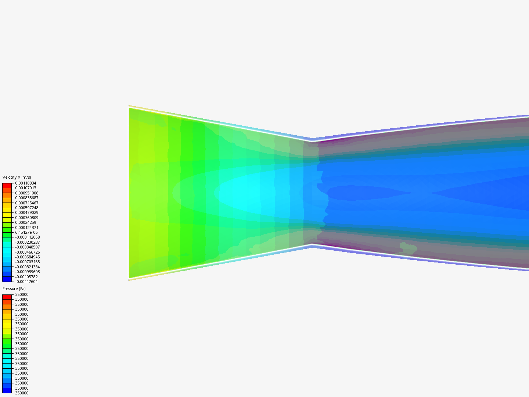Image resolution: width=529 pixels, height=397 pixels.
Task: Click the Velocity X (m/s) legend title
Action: pyautogui.click(x=17, y=177)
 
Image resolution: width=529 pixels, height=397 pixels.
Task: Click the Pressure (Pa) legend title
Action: pyautogui.click(x=14, y=289)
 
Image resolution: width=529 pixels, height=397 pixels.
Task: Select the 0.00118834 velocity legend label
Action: pyautogui.click(x=25, y=183)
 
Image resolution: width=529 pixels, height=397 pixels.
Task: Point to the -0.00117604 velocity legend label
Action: pyautogui.click(x=26, y=282)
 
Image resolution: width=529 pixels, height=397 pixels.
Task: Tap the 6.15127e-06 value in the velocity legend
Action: pyautogui.click(x=26, y=232)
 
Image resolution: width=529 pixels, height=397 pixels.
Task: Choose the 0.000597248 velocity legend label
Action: pyautogui.click(x=26, y=208)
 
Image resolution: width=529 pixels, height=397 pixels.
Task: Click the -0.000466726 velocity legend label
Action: pyautogui.click(x=27, y=252)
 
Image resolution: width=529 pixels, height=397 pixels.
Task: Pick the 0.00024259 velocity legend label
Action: pyautogui.click(x=25, y=222)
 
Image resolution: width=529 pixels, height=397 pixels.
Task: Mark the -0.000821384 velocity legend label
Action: pyautogui.click(x=27, y=267)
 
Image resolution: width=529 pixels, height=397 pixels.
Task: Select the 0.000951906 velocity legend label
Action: pyautogui.click(x=26, y=193)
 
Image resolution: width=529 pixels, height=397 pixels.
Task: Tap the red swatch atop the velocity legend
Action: pyautogui.click(x=7, y=186)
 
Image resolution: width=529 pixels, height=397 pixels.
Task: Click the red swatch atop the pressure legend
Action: pyautogui.click(x=7, y=297)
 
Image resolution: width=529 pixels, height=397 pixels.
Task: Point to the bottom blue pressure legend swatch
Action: pyautogui.click(x=7, y=390)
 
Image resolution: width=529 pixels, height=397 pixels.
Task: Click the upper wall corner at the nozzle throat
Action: pyautogui.click(x=312, y=140)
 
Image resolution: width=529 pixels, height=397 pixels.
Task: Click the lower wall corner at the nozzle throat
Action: pyautogui.click(x=312, y=245)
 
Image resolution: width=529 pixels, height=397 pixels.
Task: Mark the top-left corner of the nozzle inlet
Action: pyautogui.click(x=129, y=107)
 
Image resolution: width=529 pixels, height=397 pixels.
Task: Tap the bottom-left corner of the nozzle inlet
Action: pyautogui.click(x=129, y=279)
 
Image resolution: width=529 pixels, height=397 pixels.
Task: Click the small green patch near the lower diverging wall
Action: pyautogui.click(x=407, y=248)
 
